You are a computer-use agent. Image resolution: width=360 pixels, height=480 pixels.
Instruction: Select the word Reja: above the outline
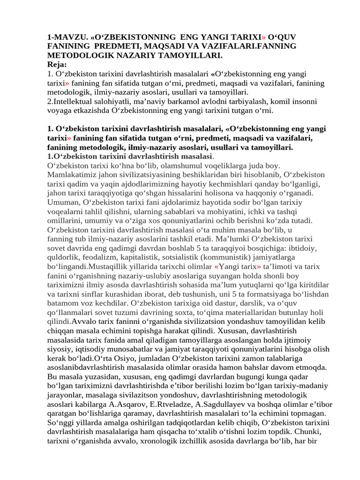57,64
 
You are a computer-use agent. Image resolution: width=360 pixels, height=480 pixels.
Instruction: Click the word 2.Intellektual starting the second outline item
75,101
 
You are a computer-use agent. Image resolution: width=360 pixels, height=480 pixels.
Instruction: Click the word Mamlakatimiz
71,174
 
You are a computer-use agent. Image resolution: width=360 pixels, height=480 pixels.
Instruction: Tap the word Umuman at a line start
64,202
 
